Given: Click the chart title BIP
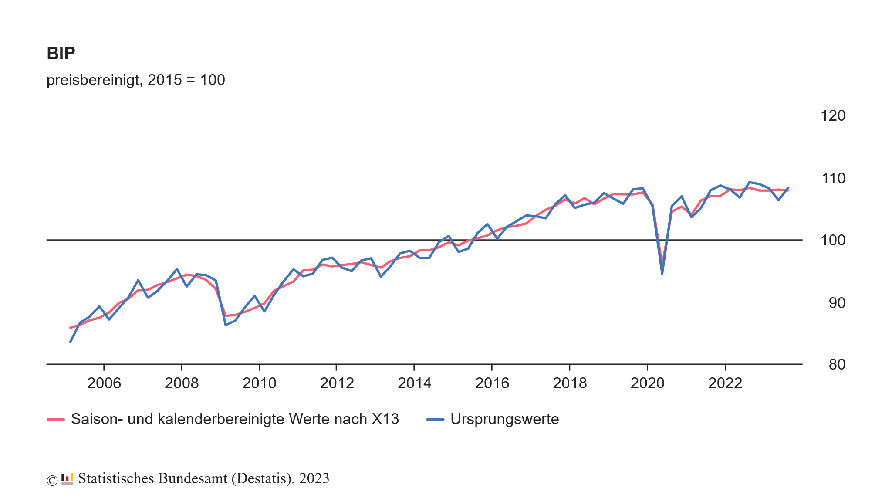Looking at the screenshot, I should point(61,54).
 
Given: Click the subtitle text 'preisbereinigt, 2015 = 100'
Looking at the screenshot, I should point(135,80).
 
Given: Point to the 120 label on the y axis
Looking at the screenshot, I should point(833,116).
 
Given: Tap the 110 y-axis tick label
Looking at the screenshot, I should point(833,178).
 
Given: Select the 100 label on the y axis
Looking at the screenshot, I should point(833,241).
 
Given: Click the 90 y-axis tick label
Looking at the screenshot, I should point(837,303).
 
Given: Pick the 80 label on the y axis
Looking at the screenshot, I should point(837,365).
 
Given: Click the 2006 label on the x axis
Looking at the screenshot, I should point(104,383).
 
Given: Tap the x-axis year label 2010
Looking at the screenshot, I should point(259,383).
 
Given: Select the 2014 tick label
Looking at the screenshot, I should point(414,383).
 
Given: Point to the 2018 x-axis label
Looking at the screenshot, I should point(570,383).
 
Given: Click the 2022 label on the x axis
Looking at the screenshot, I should point(725,383).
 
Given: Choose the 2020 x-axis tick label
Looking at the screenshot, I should point(647,383).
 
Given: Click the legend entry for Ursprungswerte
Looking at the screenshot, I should point(504,419).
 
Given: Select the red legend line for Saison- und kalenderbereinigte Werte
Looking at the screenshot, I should point(56,420).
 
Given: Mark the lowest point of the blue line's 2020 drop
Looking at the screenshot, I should point(662,274).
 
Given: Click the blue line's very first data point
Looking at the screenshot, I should point(70,342).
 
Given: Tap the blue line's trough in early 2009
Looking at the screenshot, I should point(226,325).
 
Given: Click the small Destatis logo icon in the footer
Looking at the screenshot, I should point(67,479).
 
